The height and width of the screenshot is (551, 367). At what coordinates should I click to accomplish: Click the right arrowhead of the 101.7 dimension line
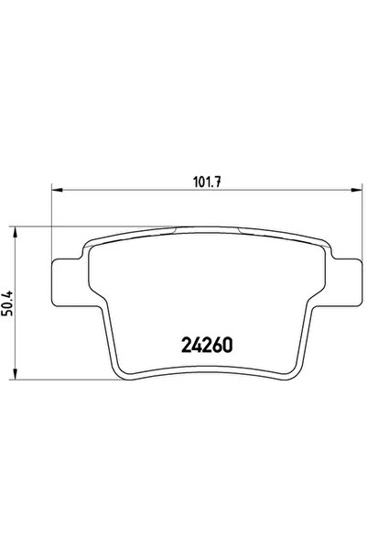pos(353,191)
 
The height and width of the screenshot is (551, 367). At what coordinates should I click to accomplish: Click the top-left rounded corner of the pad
pos(91,240)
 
